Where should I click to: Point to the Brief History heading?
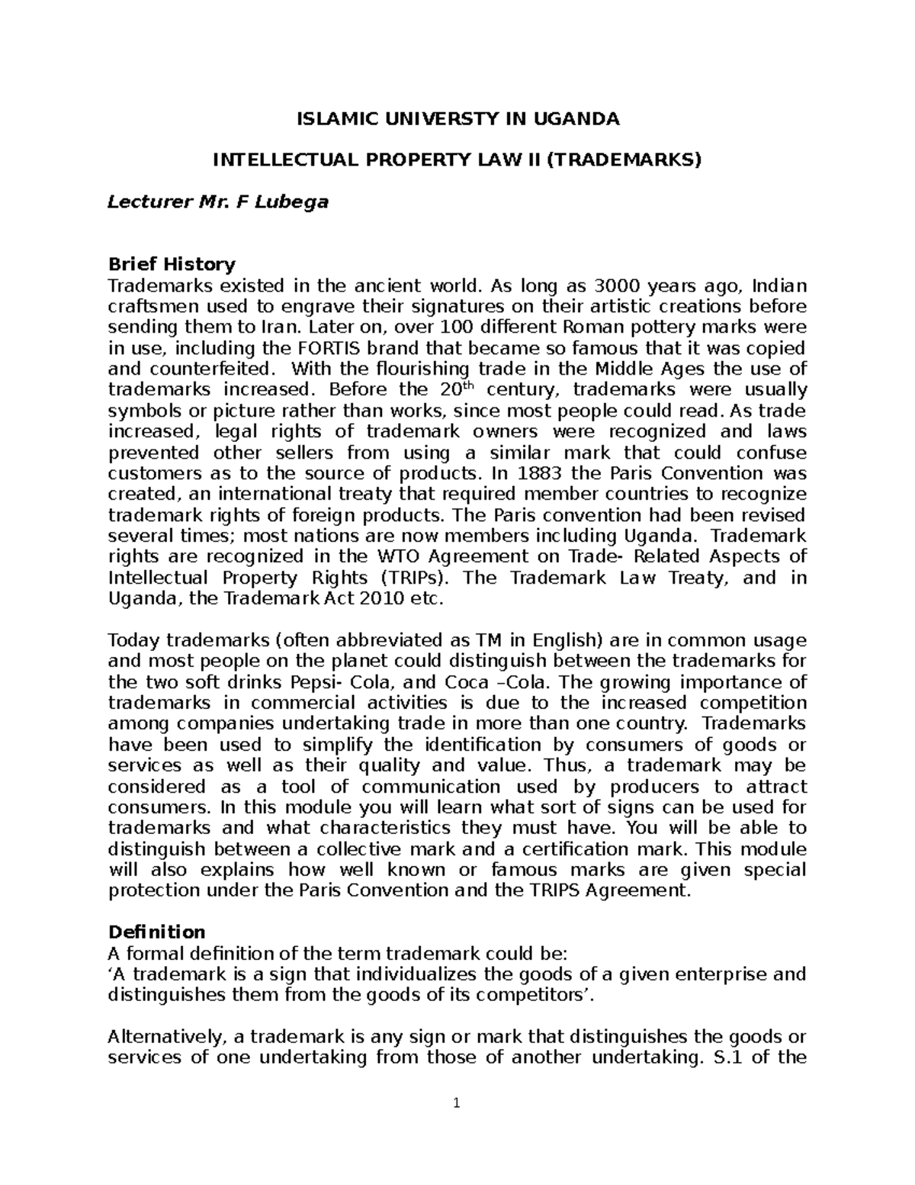(x=172, y=265)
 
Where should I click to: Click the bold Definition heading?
(x=156, y=932)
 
